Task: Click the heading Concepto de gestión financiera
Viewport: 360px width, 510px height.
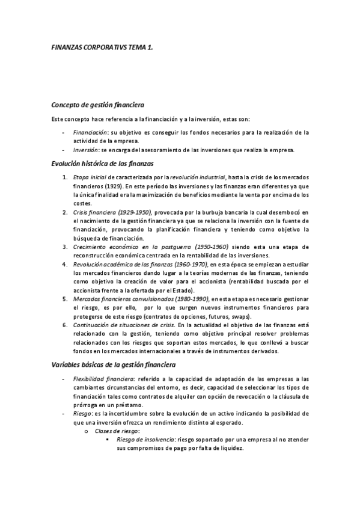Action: click(97, 104)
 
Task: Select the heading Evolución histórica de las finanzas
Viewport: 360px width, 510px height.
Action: click(103, 164)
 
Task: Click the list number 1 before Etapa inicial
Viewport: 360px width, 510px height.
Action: click(64, 177)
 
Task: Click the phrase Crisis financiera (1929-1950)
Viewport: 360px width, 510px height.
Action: click(112, 212)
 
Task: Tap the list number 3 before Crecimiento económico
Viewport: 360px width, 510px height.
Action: click(64, 247)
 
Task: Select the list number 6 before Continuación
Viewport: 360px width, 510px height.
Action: click(64, 325)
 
